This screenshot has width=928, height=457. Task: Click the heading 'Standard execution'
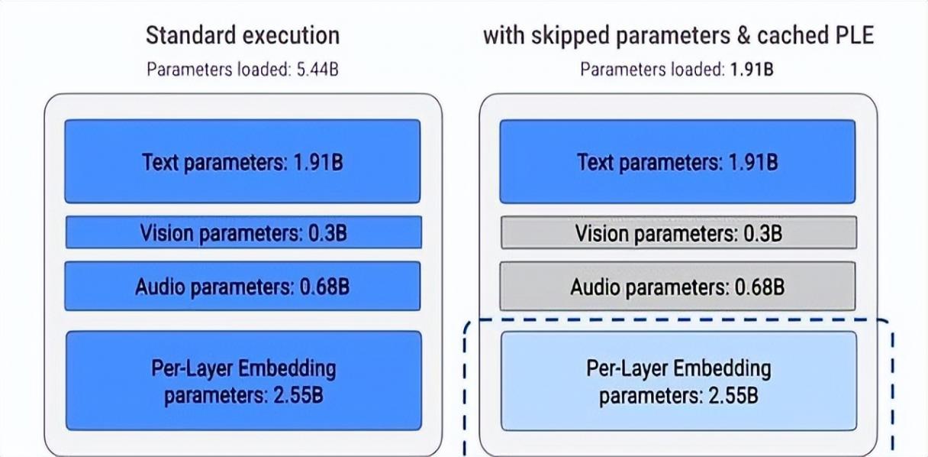pyautogui.click(x=243, y=35)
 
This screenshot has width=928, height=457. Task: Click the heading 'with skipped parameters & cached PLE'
pyautogui.click(x=678, y=35)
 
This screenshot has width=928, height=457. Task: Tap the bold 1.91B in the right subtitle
pyautogui.click(x=751, y=70)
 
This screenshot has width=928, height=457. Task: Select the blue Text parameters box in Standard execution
pyautogui.click(x=243, y=161)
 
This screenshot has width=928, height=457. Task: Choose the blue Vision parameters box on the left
pyautogui.click(x=243, y=232)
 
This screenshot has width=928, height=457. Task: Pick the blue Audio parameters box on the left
pyautogui.click(x=243, y=287)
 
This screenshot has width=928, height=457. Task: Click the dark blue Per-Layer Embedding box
pyautogui.click(x=243, y=381)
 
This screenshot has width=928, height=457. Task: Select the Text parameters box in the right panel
pyautogui.click(x=678, y=161)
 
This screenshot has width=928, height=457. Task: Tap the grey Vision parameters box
pyautogui.click(x=678, y=233)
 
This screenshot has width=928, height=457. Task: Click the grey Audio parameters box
pyautogui.click(x=678, y=287)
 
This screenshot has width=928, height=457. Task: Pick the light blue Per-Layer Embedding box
pyautogui.click(x=678, y=381)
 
